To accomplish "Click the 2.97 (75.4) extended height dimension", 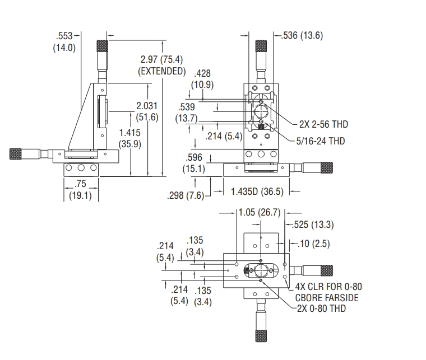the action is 161,59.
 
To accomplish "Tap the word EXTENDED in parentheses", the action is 162,71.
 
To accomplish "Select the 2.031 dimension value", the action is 147,105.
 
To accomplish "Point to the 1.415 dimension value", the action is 130,133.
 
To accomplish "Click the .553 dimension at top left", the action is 64,36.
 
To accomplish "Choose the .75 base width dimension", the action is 80,184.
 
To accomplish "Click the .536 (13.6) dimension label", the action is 302,35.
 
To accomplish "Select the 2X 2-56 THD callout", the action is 323,124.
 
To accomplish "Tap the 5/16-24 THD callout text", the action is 321,141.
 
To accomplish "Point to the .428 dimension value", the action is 202,73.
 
